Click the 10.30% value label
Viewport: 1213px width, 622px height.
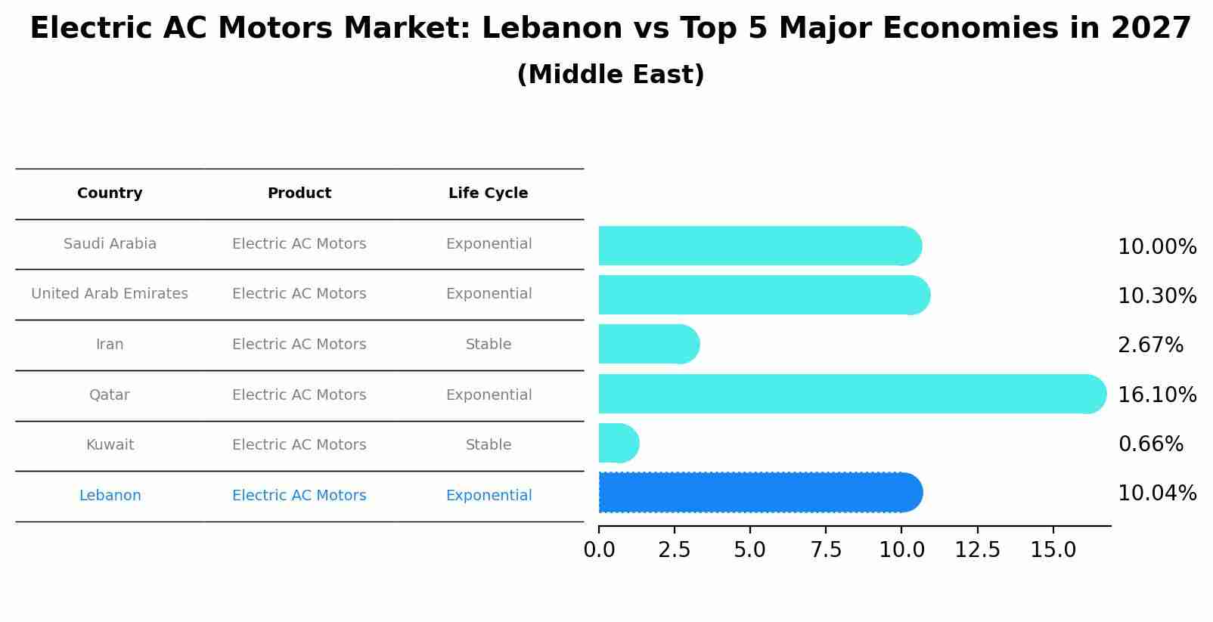pyautogui.click(x=1157, y=296)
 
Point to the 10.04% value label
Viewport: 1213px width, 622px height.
pyautogui.click(x=1157, y=494)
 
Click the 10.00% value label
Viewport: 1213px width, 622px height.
pyautogui.click(x=1157, y=247)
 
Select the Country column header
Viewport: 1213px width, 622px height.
pyautogui.click(x=110, y=193)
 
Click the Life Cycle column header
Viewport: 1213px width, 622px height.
pyautogui.click(x=488, y=193)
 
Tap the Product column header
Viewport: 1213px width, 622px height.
pyautogui.click(x=299, y=193)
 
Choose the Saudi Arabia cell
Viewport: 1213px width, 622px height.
pyautogui.click(x=110, y=244)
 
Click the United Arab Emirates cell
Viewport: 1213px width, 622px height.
pyautogui.click(x=110, y=294)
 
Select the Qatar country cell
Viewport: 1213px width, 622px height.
pyautogui.click(x=110, y=395)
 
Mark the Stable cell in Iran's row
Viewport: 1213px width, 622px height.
pyautogui.click(x=488, y=345)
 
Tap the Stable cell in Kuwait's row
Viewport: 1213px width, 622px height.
pyautogui.click(x=488, y=445)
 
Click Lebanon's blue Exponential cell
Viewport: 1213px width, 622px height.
pyautogui.click(x=488, y=496)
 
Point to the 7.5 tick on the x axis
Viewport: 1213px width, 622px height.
pyautogui.click(x=826, y=550)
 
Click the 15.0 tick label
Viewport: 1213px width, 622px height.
pyautogui.click(x=1053, y=550)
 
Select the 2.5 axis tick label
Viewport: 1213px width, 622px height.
pyautogui.click(x=674, y=550)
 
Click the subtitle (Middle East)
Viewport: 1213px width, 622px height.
pyautogui.click(x=610, y=75)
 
